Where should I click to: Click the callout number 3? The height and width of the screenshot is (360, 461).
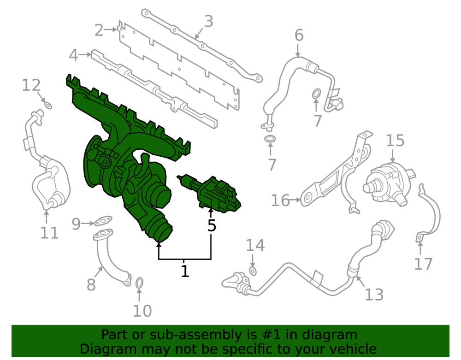coord(208,22)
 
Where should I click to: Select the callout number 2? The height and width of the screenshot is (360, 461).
coord(99,30)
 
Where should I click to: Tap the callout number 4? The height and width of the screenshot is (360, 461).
coord(73,55)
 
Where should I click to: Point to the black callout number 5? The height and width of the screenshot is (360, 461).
coord(212,225)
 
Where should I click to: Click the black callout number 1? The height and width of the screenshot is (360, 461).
coord(185,271)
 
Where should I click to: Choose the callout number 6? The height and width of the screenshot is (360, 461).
coord(299,35)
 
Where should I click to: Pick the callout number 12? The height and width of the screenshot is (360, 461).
coord(31,86)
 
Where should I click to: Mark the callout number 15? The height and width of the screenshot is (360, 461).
coord(395,141)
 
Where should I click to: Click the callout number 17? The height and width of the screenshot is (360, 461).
coord(423,264)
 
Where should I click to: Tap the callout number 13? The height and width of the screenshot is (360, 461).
coord(374,295)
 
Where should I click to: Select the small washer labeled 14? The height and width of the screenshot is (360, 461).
coord(253,271)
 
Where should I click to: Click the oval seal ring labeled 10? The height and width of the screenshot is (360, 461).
coord(139,283)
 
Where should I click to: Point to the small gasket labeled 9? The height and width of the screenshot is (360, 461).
coord(103,220)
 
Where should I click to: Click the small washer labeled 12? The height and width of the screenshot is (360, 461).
coord(48,105)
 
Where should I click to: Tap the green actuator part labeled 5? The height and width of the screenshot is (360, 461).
coord(212,194)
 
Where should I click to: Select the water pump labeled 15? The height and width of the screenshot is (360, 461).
coord(388,186)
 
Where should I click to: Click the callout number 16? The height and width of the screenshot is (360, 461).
coord(280,201)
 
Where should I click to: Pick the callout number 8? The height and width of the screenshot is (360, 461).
coord(91,285)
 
